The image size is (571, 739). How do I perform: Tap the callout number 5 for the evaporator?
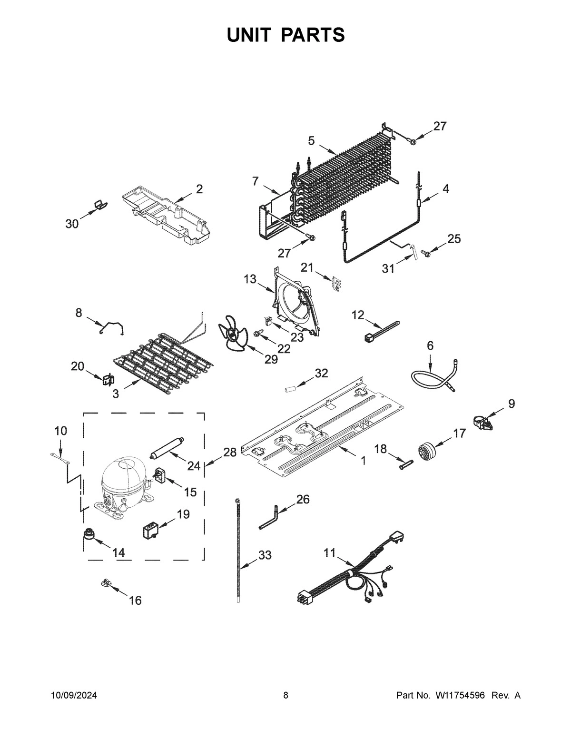(x=311, y=140)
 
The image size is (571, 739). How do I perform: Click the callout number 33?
(x=265, y=555)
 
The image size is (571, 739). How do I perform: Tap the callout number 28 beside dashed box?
(x=230, y=453)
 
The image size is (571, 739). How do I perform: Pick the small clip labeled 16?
(x=107, y=583)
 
